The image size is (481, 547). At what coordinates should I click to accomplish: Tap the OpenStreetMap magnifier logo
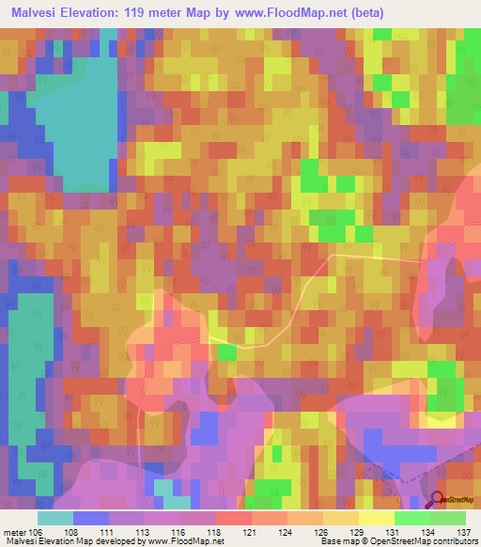pyautogui.click(x=436, y=500)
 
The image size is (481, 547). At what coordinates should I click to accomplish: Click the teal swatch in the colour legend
pyautogui.click(x=55, y=518)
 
